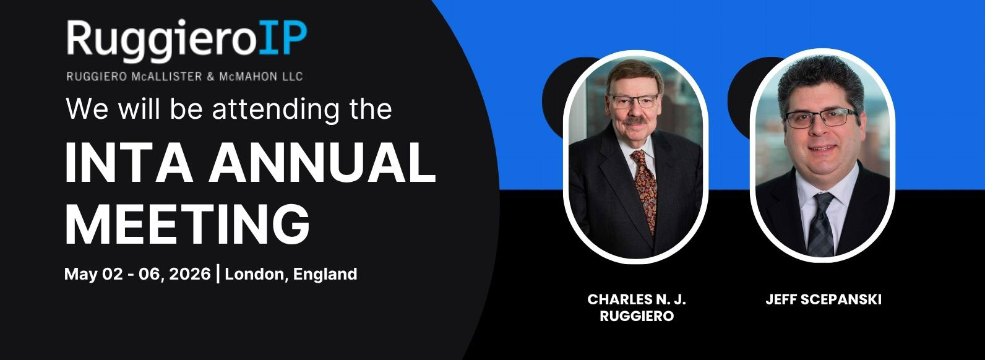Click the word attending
(276, 110)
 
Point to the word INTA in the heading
(129, 162)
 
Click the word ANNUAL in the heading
(322, 162)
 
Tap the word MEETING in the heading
(187, 223)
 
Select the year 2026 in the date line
(190, 274)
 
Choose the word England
(325, 274)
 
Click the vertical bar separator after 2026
(218, 273)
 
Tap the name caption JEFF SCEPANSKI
(823, 299)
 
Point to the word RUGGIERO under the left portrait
(637, 316)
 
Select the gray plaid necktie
(822, 224)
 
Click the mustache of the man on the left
(635, 120)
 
